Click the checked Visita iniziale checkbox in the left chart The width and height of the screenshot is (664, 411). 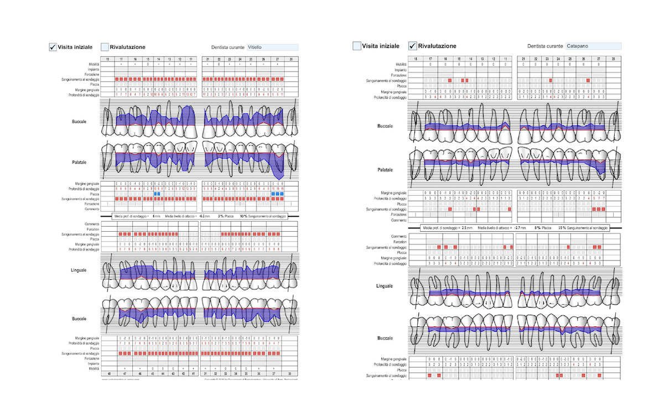point(53,47)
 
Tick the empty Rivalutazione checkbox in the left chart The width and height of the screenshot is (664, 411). point(105,47)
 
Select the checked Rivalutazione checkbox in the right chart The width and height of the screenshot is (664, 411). point(412,46)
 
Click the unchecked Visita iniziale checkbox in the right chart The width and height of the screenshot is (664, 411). point(357,46)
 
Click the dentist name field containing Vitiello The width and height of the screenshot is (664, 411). point(272,48)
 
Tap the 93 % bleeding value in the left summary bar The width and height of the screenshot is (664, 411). point(244,215)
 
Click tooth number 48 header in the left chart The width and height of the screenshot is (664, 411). point(108,374)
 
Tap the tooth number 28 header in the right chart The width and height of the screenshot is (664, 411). point(613,59)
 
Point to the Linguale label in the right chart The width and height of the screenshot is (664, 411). point(384,286)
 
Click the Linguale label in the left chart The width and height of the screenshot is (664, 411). point(77,270)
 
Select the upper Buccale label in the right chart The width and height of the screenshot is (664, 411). point(385,126)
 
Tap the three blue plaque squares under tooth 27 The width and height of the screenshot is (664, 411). point(278,194)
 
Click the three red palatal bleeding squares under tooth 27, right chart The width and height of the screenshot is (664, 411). point(598,209)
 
